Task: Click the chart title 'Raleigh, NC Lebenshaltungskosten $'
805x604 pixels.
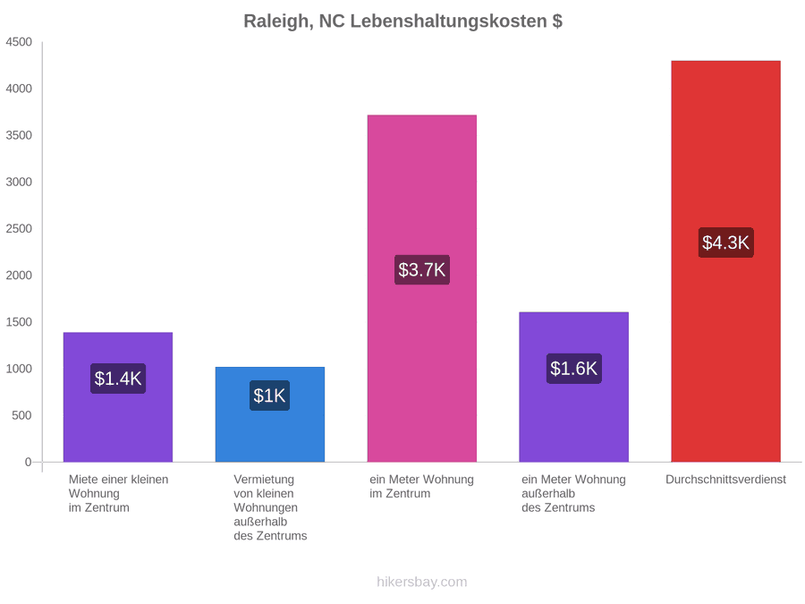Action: click(402, 21)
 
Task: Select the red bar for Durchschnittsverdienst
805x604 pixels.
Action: click(725, 261)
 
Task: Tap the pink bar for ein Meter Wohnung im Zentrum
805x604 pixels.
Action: click(422, 289)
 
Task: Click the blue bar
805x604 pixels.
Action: click(270, 414)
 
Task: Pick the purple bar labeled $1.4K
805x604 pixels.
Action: click(118, 397)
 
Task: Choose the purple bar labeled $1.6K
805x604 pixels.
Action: click(574, 387)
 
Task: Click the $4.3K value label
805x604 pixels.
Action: click(725, 242)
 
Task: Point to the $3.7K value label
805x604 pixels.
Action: click(422, 269)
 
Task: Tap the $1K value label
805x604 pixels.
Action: click(269, 396)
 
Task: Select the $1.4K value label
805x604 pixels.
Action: click(118, 379)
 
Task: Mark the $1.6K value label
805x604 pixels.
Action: click(574, 369)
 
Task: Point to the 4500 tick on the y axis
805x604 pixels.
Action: click(19, 42)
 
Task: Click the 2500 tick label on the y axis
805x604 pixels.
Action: click(19, 228)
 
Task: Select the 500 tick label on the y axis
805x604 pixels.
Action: click(22, 415)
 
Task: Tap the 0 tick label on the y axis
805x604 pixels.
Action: click(29, 462)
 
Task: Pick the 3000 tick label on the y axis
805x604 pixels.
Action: click(19, 182)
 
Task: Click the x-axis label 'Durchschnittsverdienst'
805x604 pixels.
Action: click(725, 480)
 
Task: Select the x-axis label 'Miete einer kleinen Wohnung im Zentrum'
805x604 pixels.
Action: click(119, 493)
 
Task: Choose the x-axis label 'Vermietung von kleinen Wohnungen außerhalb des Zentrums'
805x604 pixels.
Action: click(270, 507)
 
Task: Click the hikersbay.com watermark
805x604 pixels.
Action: click(422, 582)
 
